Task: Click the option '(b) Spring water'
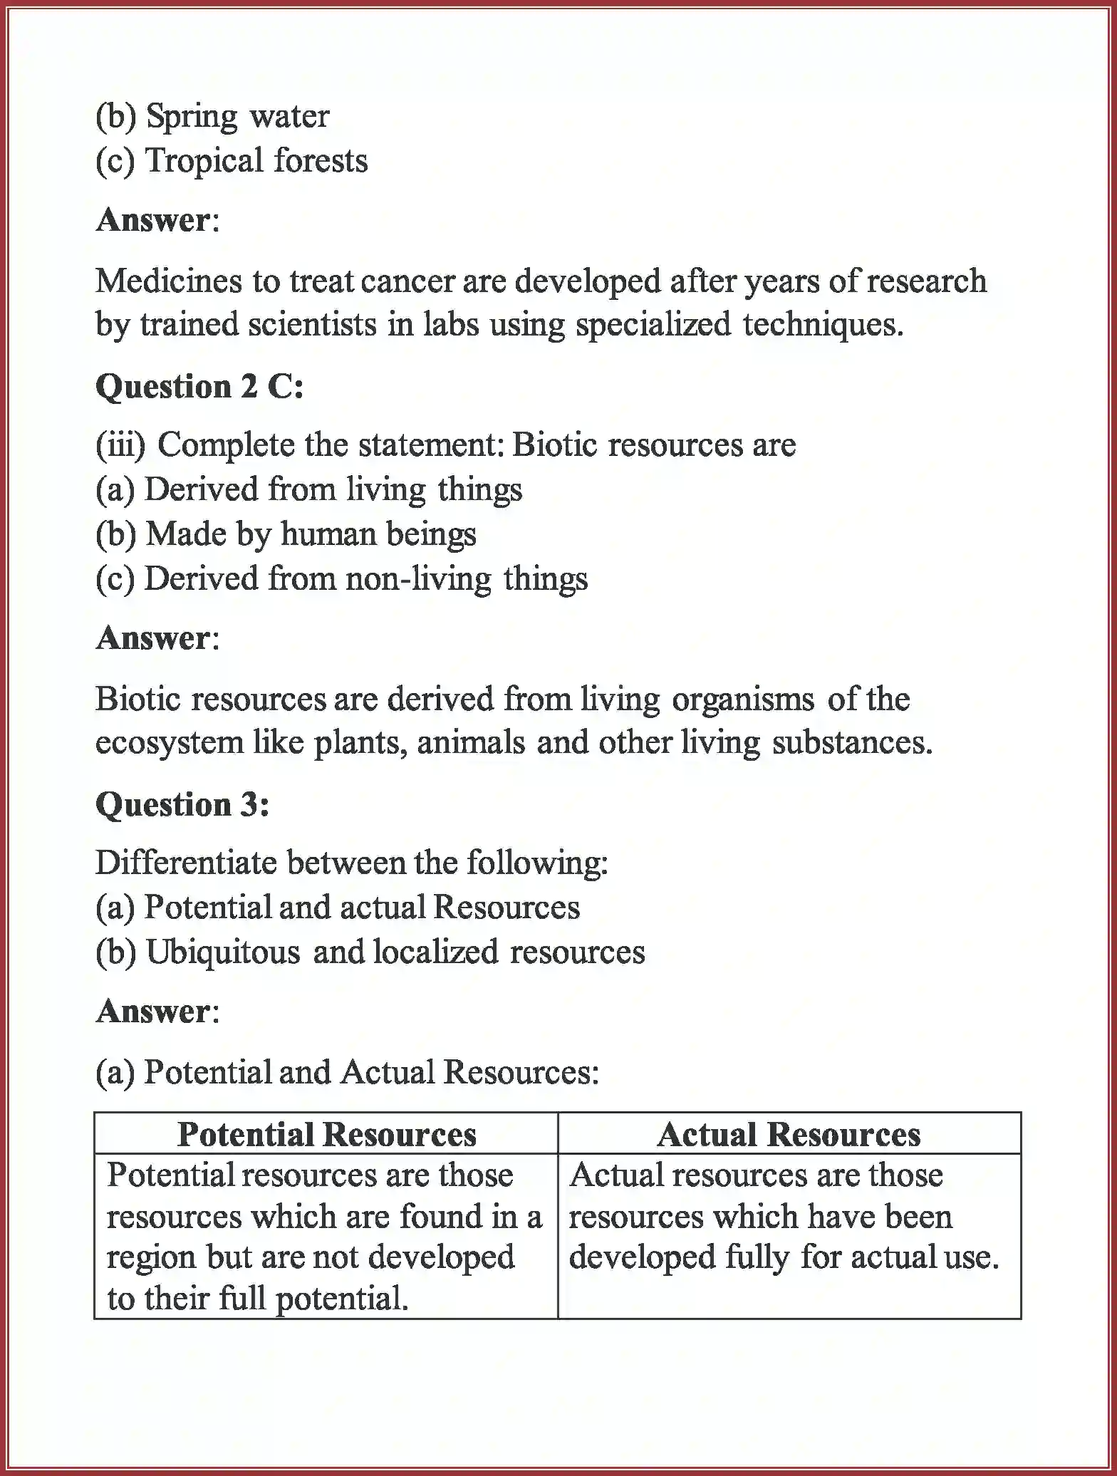point(212,116)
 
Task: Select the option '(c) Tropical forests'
point(232,160)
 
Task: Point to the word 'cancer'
point(408,281)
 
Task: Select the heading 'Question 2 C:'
point(199,387)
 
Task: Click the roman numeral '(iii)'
point(120,445)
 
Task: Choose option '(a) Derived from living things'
point(308,490)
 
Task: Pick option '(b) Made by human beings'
point(286,534)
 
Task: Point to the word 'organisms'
point(742,699)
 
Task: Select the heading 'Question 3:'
point(182,805)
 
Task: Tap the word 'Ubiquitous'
point(222,952)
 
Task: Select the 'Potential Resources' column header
point(326,1135)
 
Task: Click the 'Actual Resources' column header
point(789,1135)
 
